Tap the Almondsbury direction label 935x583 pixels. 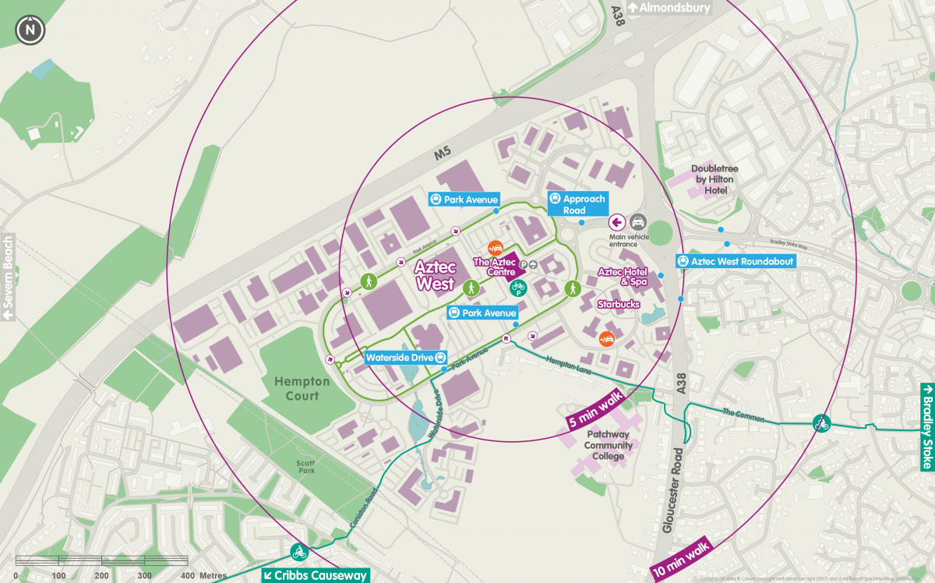pos(668,8)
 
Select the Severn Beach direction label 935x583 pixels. pos(9,277)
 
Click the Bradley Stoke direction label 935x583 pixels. pos(926,427)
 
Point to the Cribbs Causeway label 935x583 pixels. pos(316,575)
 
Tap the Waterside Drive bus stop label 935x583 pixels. pos(406,358)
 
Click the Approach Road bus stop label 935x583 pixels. pos(577,204)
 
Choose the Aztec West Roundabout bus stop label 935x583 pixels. pos(736,261)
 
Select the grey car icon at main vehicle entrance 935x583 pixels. pos(637,221)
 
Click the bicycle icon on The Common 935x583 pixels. pos(820,422)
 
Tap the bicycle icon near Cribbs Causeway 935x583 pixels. pos(298,553)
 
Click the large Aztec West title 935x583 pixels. pos(435,275)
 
